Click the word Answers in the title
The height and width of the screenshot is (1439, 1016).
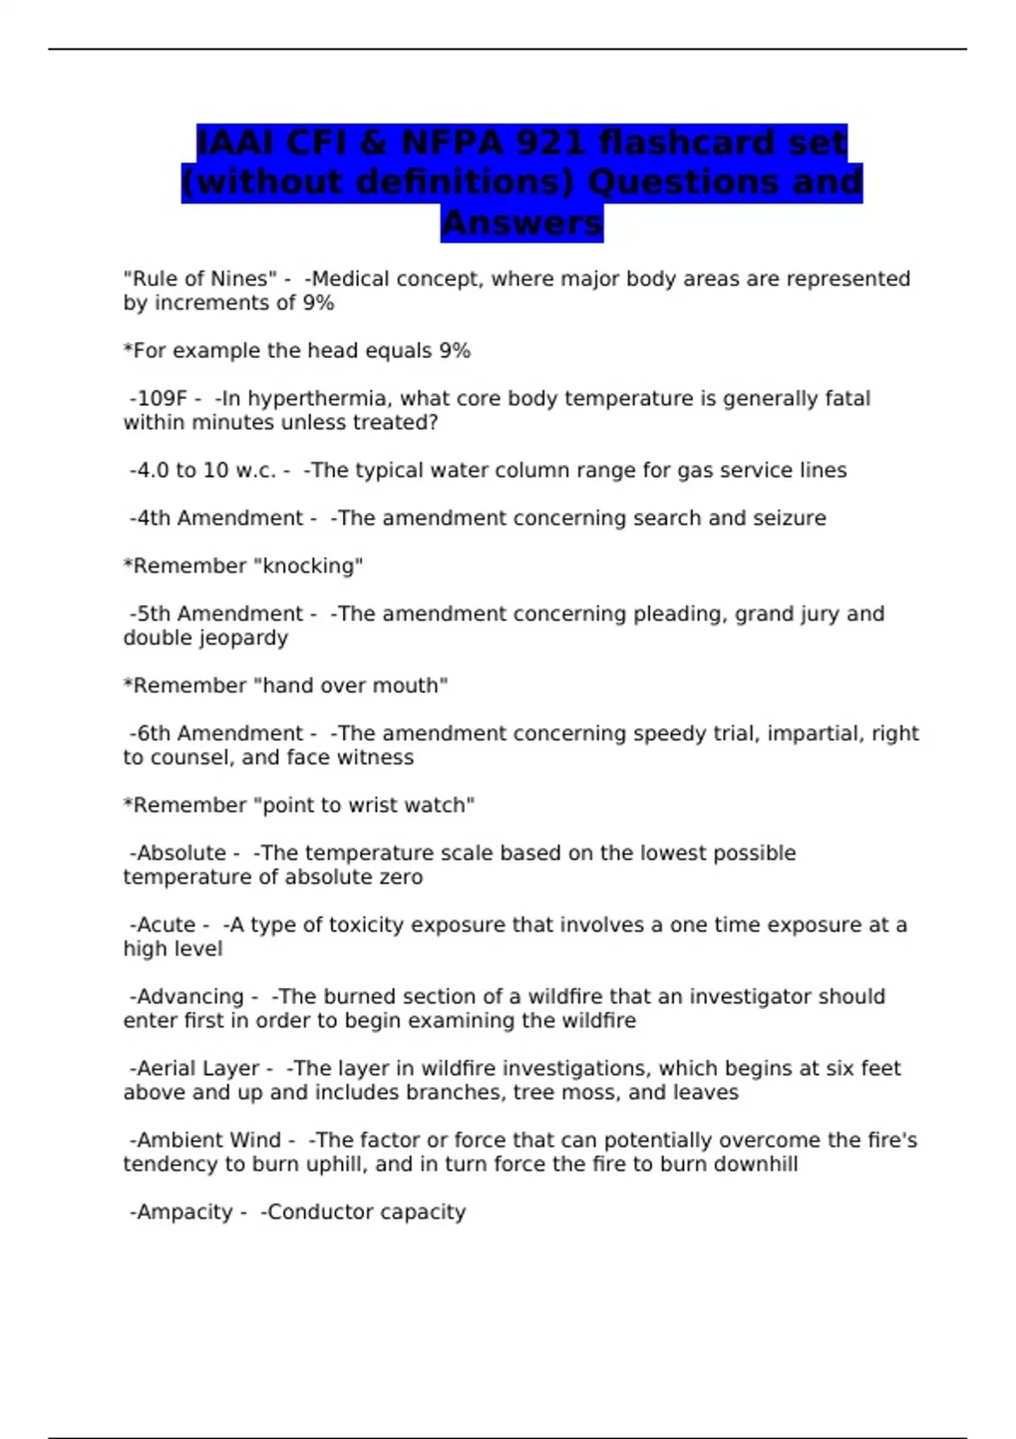click(522, 223)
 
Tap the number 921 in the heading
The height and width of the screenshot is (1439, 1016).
click(550, 142)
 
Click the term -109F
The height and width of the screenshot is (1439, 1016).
click(158, 399)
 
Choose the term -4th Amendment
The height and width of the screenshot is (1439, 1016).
click(216, 518)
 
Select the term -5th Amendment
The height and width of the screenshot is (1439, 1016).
click(216, 614)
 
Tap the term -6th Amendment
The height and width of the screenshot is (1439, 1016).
click(216, 733)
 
